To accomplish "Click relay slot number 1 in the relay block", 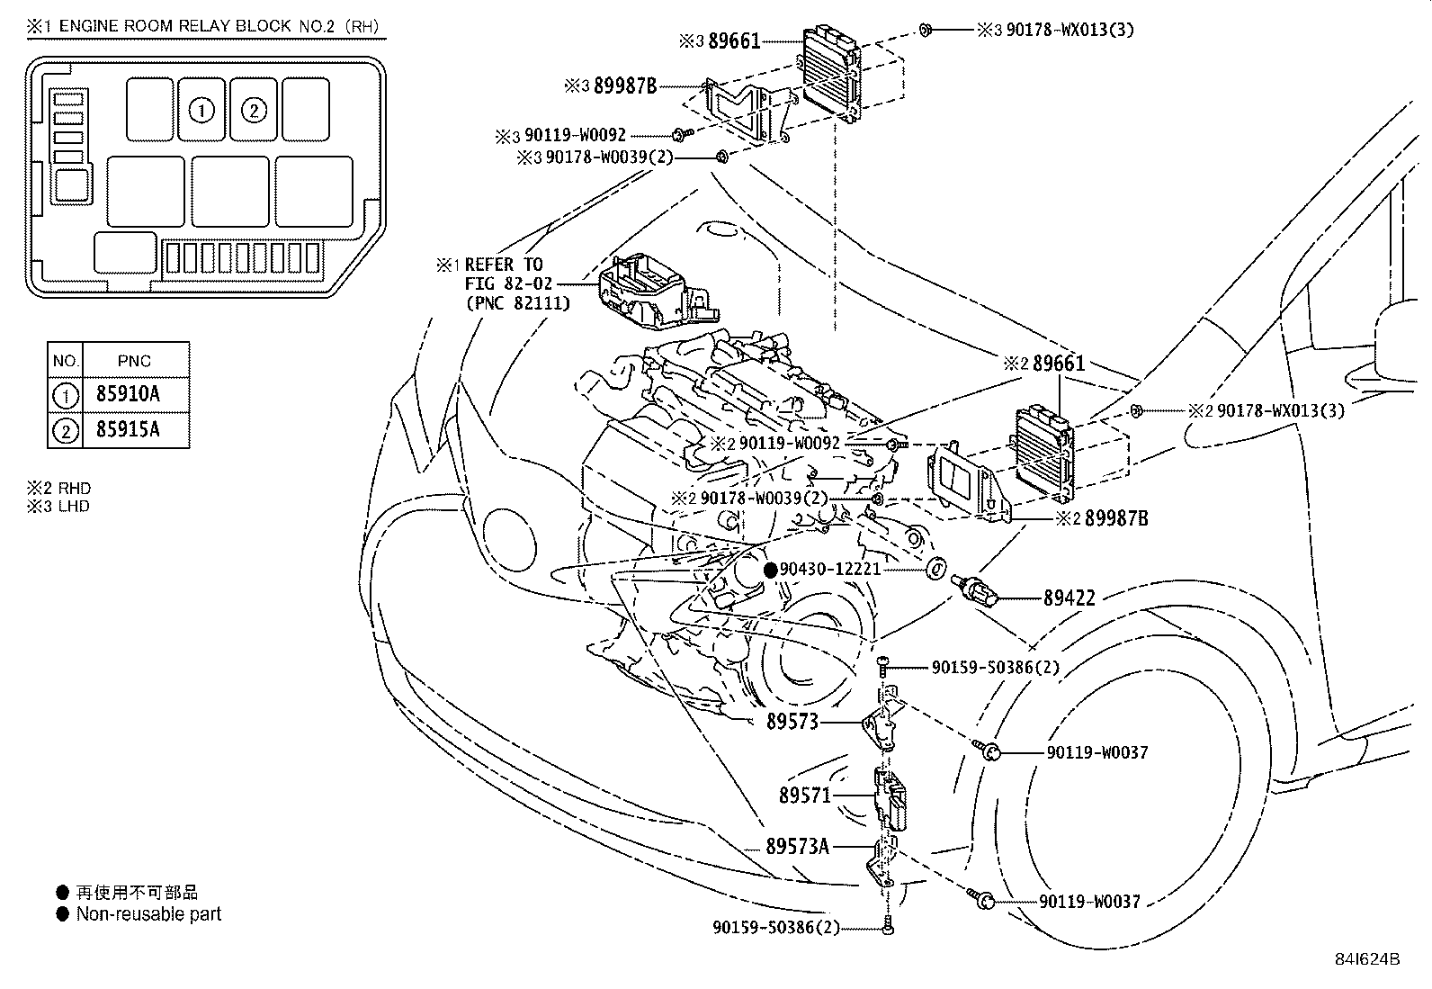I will click(x=202, y=110).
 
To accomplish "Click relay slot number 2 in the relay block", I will click(x=254, y=110).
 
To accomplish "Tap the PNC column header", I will click(x=135, y=361).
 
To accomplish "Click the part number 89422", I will click(x=1069, y=597).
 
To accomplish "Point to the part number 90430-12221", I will click(x=829, y=570).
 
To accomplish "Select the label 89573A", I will click(x=797, y=846).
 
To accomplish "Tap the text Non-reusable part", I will click(x=148, y=914).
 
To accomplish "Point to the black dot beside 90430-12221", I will click(x=770, y=570).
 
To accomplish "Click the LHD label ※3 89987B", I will click(x=611, y=86).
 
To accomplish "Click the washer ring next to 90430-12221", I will click(x=935, y=569).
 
